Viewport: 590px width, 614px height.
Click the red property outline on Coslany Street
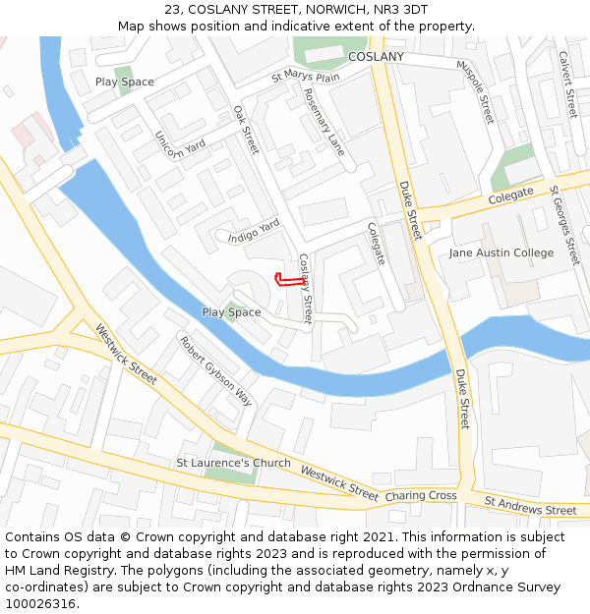286,281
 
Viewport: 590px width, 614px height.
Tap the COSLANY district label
376,57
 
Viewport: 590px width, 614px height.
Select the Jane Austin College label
501,252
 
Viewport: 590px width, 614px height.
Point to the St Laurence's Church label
233,463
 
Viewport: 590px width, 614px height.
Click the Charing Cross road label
421,496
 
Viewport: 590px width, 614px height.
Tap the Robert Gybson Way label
215,371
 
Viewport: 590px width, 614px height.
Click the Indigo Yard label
254,231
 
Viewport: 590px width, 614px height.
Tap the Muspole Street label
475,91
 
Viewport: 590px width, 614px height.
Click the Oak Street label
246,130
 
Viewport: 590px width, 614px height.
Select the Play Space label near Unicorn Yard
125,82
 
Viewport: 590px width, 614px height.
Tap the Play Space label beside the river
232,312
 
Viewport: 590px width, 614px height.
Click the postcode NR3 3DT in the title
401,9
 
